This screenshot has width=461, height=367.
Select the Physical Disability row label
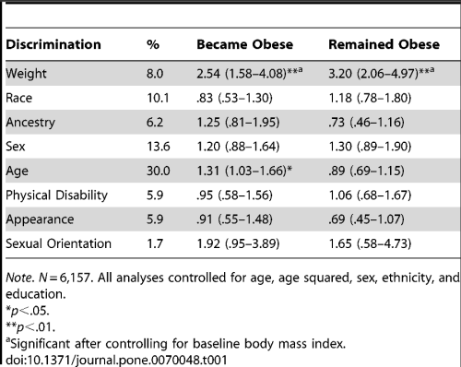[x=55, y=195]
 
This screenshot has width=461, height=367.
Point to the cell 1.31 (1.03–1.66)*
[x=245, y=171]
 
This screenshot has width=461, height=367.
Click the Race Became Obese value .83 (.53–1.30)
[x=234, y=97]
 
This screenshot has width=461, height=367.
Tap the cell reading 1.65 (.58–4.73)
[x=372, y=244]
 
